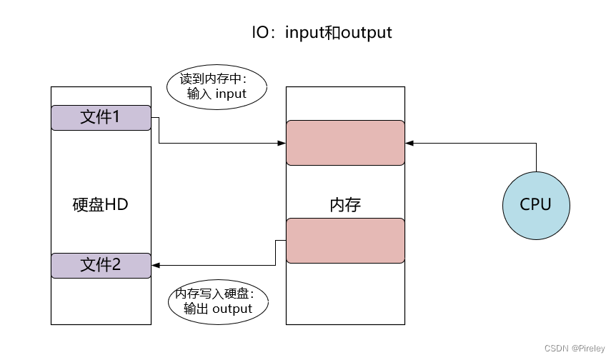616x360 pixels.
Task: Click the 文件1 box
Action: pos(101,117)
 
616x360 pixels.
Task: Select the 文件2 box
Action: pos(101,266)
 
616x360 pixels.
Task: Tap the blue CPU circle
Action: pos(536,205)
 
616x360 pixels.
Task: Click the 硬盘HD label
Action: pos(101,204)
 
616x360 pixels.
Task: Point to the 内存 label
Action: pos(345,205)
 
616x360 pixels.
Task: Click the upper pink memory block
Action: pos(345,143)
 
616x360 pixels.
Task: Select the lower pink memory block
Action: pos(345,241)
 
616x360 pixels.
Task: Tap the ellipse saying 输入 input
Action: pos(217,87)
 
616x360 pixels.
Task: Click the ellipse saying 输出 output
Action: pos(218,302)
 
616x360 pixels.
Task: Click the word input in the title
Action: pos(305,33)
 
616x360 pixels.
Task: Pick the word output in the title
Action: pos(366,33)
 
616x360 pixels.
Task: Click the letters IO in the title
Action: pos(260,32)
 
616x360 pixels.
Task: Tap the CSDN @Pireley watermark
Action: pos(575,349)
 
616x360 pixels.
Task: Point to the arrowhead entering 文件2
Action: pos(156,266)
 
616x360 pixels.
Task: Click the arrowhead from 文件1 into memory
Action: pos(282,143)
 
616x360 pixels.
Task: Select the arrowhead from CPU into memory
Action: pos(409,143)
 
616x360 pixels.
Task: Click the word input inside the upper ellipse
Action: pos(231,94)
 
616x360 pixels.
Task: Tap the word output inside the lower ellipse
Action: pos(232,309)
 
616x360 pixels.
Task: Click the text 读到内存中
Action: pos(210,79)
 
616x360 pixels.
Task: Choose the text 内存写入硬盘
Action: pos(212,294)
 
